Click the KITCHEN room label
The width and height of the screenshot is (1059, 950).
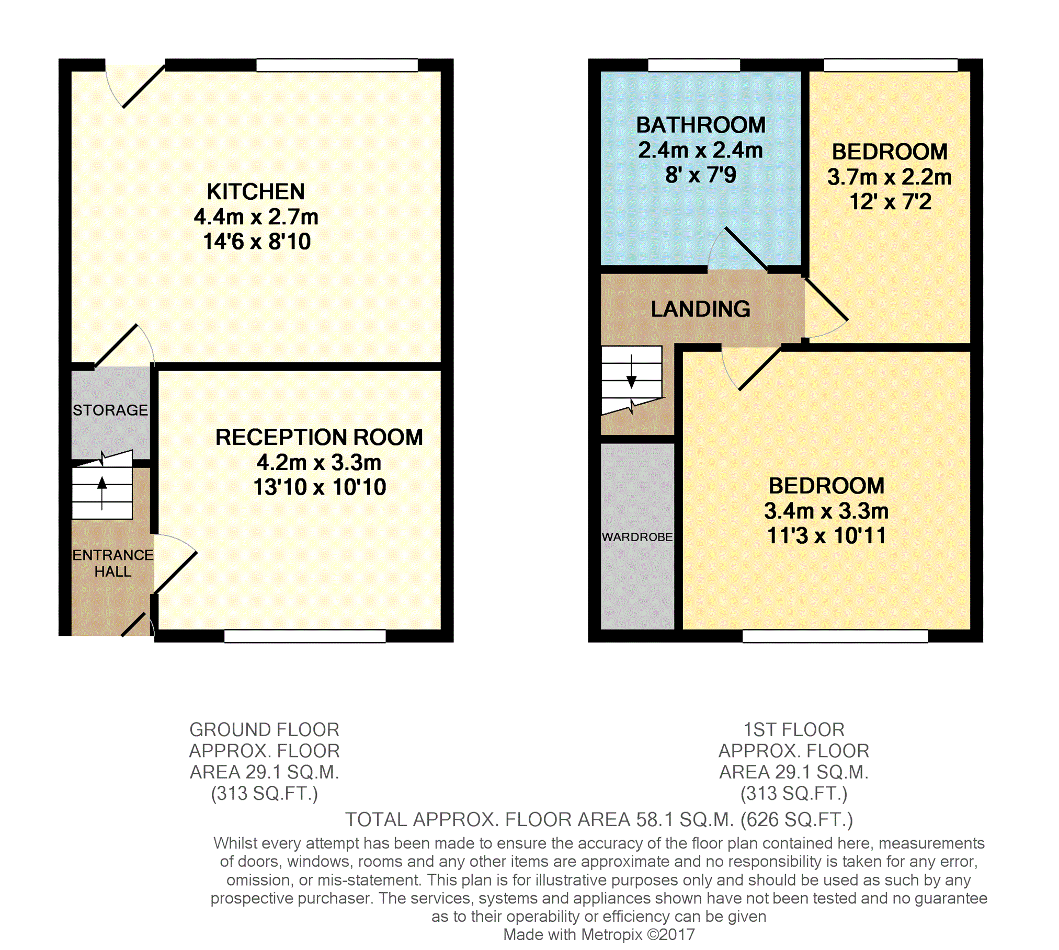[256, 192]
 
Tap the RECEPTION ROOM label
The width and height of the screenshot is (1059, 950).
[319, 438]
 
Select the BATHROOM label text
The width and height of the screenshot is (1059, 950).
[701, 125]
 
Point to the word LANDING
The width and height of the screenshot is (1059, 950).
[701, 309]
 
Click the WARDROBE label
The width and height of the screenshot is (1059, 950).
[637, 537]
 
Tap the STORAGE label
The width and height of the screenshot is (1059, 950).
[110, 410]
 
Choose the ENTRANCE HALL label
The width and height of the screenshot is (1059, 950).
[113, 563]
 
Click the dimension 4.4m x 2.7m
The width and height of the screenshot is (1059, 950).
[256, 217]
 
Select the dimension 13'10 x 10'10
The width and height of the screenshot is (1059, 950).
[320, 487]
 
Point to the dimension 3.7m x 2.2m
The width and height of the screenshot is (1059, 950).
[890, 177]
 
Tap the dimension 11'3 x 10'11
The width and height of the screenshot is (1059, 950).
[827, 536]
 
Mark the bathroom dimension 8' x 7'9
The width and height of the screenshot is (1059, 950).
[701, 175]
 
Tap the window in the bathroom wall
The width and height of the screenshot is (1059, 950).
[694, 65]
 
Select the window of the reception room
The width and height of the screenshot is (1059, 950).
[305, 636]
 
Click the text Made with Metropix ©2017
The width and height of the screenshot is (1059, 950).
[599, 934]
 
